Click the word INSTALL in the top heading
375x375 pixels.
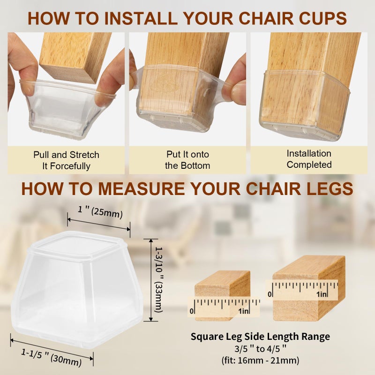pos(141,18)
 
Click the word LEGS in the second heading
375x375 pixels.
pos(330,189)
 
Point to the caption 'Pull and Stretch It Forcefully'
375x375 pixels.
pos(66,160)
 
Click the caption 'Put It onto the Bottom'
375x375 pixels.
pos(187,160)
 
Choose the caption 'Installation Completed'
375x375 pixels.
pos(309,159)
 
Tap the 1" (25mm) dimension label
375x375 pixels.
pos(100,212)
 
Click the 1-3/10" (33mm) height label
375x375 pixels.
pos(159,279)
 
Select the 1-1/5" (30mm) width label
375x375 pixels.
pos(52,357)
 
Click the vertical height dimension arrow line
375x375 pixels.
pos(151,280)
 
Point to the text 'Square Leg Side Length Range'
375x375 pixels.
pos(260,336)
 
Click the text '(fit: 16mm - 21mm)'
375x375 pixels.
pos(260,360)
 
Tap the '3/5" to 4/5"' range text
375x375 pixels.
pos(260,349)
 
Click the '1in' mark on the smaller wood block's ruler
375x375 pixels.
pos(243,311)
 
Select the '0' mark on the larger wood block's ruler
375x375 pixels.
pos(270,294)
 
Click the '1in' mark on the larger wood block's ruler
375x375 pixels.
pos(322,294)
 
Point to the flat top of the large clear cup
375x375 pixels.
pos(79,247)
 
